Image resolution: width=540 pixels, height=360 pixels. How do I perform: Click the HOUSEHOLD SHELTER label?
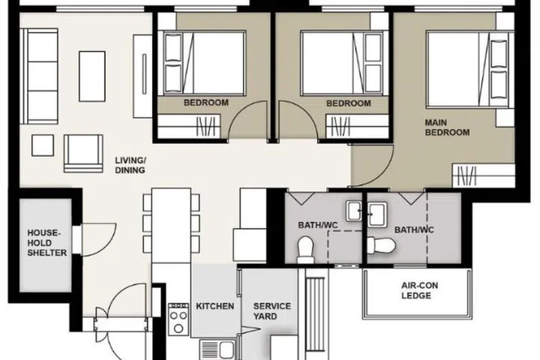47,242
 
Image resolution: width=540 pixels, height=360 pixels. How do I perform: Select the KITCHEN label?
215,307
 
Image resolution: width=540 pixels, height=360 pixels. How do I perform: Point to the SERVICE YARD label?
271,311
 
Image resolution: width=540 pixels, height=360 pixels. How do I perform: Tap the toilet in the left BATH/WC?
306,248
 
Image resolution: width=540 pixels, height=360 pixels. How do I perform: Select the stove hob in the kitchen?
178,319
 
